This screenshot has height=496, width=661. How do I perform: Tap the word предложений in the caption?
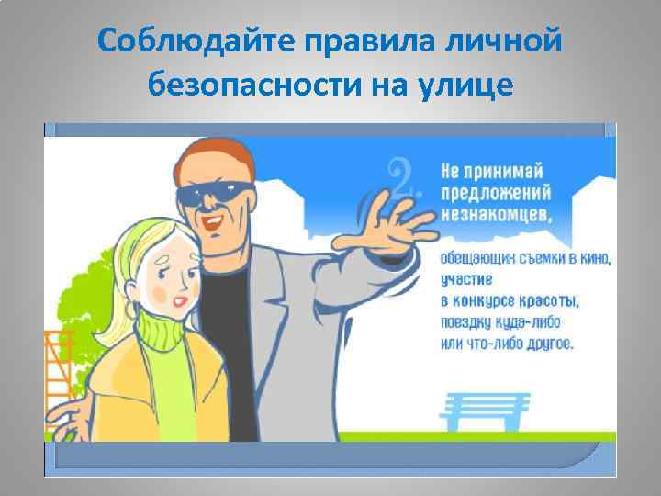(497, 193)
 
